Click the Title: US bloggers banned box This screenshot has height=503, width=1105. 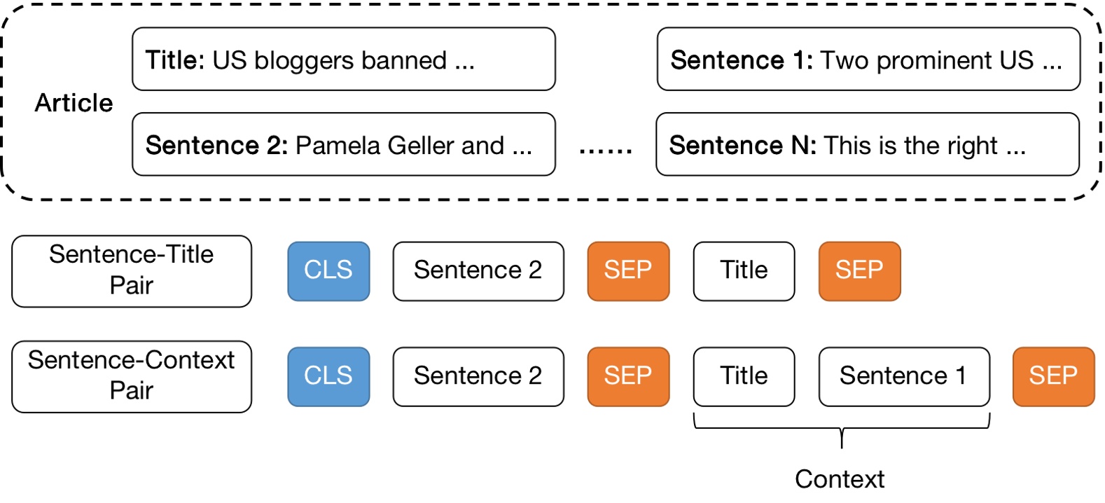(x=343, y=60)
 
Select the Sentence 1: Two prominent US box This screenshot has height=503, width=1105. (x=868, y=60)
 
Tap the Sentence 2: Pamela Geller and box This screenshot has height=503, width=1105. (x=343, y=144)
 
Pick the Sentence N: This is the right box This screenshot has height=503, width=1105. (x=867, y=144)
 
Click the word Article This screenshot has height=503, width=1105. (x=74, y=103)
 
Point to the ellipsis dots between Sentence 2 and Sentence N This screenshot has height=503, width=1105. (x=606, y=148)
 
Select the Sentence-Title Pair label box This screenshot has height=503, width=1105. (x=132, y=271)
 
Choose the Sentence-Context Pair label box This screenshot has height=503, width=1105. (x=132, y=376)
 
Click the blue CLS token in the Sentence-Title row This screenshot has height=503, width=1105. (x=328, y=271)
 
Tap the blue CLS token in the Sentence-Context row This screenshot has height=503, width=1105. (x=328, y=376)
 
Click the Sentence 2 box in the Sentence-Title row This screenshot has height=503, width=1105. (x=478, y=271)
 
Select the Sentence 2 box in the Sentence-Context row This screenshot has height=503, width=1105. (x=478, y=376)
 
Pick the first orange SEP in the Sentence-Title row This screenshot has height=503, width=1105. (x=628, y=271)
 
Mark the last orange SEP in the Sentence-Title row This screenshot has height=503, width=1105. (x=859, y=271)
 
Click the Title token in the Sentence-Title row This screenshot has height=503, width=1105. (x=744, y=271)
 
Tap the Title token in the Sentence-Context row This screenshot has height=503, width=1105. (x=744, y=376)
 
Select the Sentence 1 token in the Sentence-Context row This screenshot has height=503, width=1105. (x=904, y=376)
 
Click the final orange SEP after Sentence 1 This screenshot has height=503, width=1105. (x=1053, y=376)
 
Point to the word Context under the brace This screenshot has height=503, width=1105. (x=840, y=479)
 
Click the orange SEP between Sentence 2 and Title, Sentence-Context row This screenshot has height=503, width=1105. (x=628, y=376)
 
